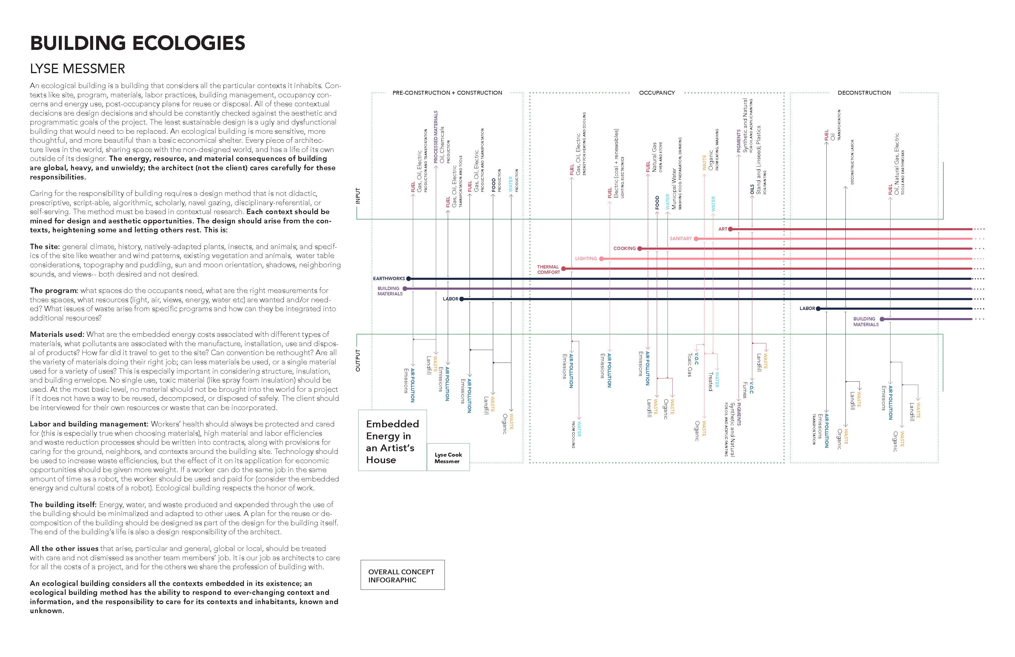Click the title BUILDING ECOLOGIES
[x=137, y=43]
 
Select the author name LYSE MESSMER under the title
[x=77, y=69]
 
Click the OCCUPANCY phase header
[x=656, y=93]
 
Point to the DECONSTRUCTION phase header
[x=864, y=93]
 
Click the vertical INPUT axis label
[x=358, y=196]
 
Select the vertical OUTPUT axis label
[x=358, y=360]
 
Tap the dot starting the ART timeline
[x=731, y=229]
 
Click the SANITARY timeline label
[x=680, y=239]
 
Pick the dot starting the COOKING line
[x=640, y=248]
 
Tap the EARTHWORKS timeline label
[x=388, y=279]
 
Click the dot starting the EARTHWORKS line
[x=409, y=279]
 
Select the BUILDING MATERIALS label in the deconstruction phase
[x=866, y=322]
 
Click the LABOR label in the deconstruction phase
[x=807, y=308]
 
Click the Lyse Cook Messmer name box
[x=448, y=458]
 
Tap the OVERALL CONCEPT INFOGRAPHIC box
[x=402, y=575]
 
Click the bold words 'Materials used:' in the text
[x=57, y=334]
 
